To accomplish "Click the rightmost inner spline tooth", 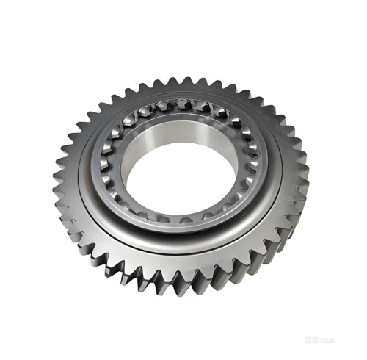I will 254,158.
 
